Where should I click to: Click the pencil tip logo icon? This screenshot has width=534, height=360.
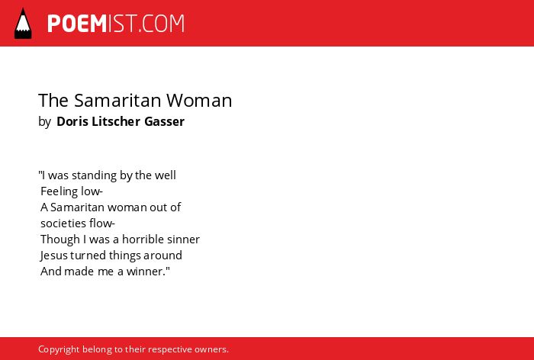pyautogui.click(x=23, y=24)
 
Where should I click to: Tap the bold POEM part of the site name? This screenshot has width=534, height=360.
pyautogui.click(x=77, y=24)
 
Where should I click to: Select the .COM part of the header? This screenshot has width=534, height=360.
pyautogui.click(x=162, y=24)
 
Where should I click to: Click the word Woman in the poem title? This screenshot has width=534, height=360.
pyautogui.click(x=199, y=101)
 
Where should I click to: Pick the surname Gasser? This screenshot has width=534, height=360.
pyautogui.click(x=165, y=121)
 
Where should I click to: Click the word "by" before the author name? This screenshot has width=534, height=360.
pyautogui.click(x=44, y=122)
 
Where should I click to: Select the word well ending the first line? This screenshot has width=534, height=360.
pyautogui.click(x=166, y=175)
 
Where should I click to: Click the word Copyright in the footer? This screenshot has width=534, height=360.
pyautogui.click(x=59, y=349)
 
